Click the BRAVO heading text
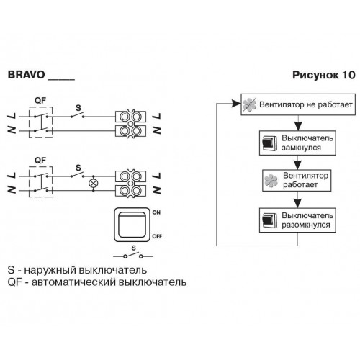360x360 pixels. coord(26,75)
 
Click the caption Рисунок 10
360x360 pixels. coord(324,75)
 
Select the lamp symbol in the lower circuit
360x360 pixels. coord(94,184)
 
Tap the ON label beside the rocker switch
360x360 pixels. coord(156,212)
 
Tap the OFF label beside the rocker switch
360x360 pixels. coord(157,236)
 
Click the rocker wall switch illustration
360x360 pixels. coord(132,225)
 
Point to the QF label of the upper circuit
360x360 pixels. coord(40,100)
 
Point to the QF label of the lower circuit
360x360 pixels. coord(40,160)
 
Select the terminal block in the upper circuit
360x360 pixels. coord(130,124)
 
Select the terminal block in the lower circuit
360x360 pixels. coord(130,184)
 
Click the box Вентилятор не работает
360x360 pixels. coord(298,104)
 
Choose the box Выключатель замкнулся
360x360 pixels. coord(297,143)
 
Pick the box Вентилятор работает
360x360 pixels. coord(297,181)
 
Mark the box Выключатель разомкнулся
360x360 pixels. coord(297,220)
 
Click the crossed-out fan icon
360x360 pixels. coord(250,104)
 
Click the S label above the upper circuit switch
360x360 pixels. coord(78,108)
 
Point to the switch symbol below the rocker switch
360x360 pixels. coord(133,256)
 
